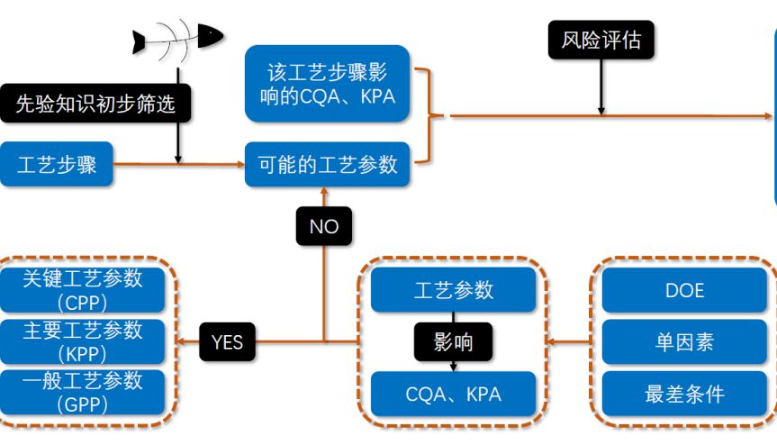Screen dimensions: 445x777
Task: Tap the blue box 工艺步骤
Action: click(x=57, y=165)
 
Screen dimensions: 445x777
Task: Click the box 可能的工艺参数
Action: click(x=328, y=165)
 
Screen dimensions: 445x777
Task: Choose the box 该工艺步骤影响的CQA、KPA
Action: click(x=327, y=84)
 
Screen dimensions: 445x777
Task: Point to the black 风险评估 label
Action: click(x=601, y=41)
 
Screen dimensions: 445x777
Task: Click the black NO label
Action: click(x=324, y=226)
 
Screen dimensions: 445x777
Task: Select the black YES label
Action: click(x=227, y=342)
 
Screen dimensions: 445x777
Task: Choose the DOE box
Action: click(x=685, y=291)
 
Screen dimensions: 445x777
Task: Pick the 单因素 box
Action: click(x=685, y=342)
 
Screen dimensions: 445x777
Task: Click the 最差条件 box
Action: click(x=685, y=394)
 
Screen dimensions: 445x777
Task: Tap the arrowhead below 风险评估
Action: click(x=601, y=111)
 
